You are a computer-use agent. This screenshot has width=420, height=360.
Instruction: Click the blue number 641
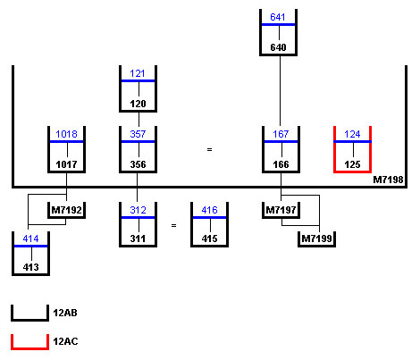(278, 17)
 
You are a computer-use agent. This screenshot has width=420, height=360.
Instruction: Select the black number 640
(278, 47)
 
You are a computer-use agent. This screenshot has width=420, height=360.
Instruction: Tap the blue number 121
(138, 73)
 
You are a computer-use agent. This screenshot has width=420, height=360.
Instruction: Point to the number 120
(138, 104)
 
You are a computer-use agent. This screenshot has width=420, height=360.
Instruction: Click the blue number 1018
(66, 134)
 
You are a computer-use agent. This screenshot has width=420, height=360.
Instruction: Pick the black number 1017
(66, 164)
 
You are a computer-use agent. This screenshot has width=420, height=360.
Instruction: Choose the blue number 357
(138, 134)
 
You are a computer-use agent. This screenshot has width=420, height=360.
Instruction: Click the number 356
(138, 164)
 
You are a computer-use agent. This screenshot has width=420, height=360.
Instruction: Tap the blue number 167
(281, 134)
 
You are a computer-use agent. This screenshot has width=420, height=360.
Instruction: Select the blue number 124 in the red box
(352, 134)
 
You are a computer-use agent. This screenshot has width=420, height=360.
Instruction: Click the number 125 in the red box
(352, 164)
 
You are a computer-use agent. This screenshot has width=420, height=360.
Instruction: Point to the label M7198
(388, 180)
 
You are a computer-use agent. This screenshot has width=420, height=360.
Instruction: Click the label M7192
(66, 210)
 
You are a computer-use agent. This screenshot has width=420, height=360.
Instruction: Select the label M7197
(281, 210)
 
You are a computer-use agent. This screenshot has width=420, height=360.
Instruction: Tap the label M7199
(316, 239)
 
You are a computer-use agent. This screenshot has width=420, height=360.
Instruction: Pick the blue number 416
(209, 210)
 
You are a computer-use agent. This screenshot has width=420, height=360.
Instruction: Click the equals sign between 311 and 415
(174, 225)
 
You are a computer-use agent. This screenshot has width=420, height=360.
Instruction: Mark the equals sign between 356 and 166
(210, 149)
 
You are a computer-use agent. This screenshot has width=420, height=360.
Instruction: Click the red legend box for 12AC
(29, 347)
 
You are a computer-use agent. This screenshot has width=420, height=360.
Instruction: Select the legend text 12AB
(65, 313)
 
